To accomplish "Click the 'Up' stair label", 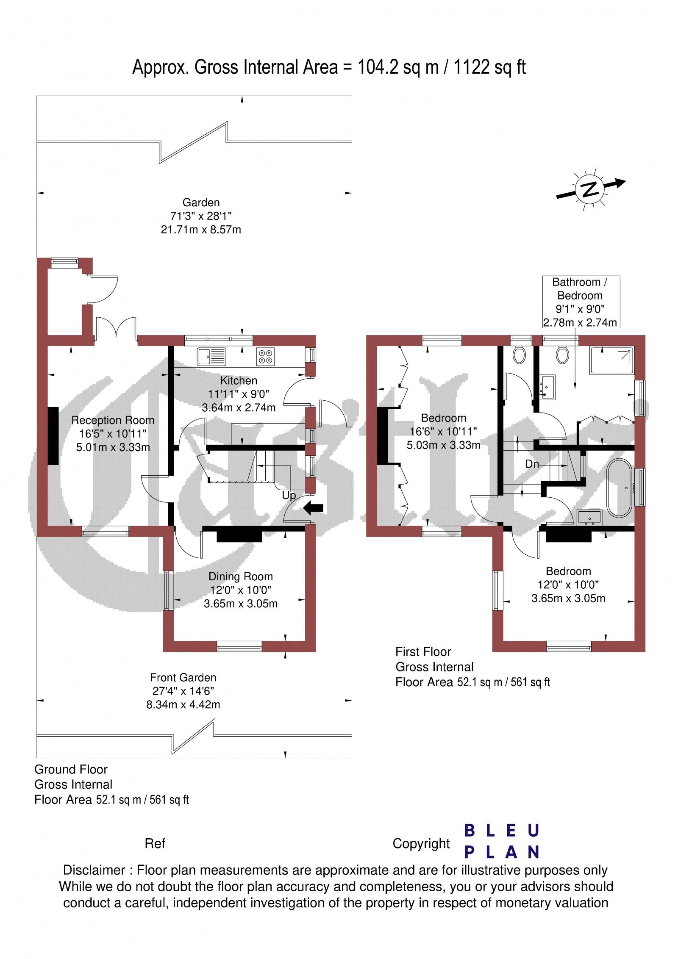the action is (x=289, y=495).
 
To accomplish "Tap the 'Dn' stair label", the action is (x=532, y=464).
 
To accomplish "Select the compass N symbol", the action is (x=589, y=189).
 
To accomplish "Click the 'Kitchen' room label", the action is (x=239, y=380).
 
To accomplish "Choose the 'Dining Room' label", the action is (x=241, y=577).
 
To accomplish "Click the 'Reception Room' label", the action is (x=113, y=420).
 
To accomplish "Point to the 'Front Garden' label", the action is (x=183, y=677).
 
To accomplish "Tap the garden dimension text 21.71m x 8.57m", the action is (x=201, y=230).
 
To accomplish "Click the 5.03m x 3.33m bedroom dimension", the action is (x=444, y=445).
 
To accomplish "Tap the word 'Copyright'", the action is (x=421, y=843).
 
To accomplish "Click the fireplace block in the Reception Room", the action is (x=53, y=436).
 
